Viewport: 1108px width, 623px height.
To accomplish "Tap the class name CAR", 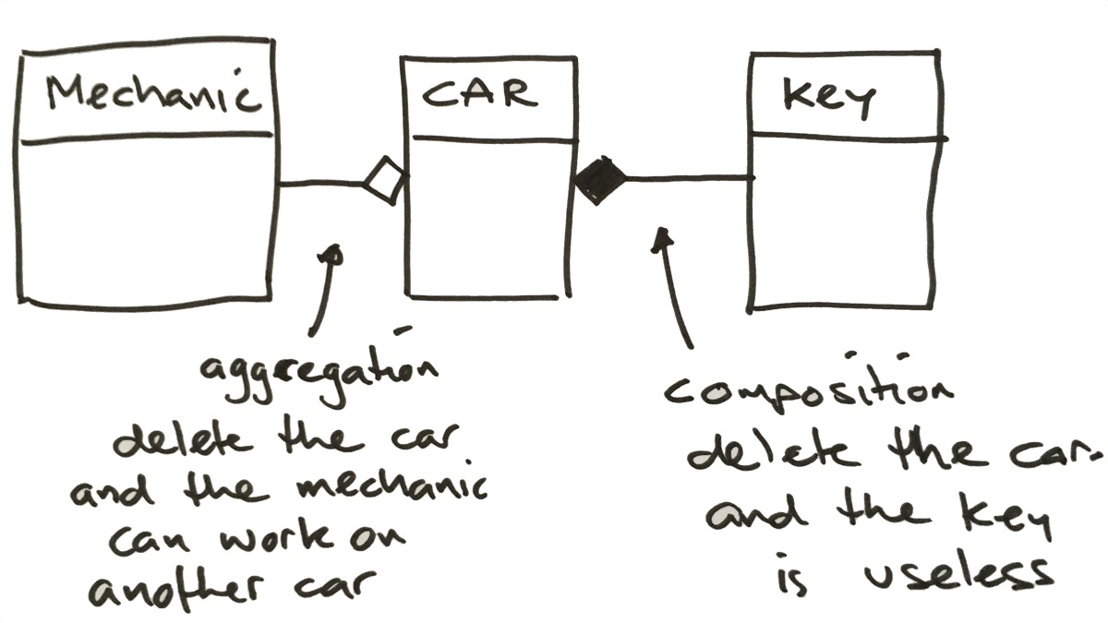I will pyautogui.click(x=478, y=94).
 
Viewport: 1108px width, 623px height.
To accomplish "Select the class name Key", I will pyautogui.click(x=827, y=97).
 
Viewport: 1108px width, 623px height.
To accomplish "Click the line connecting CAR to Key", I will pyautogui.click(x=688, y=176).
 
